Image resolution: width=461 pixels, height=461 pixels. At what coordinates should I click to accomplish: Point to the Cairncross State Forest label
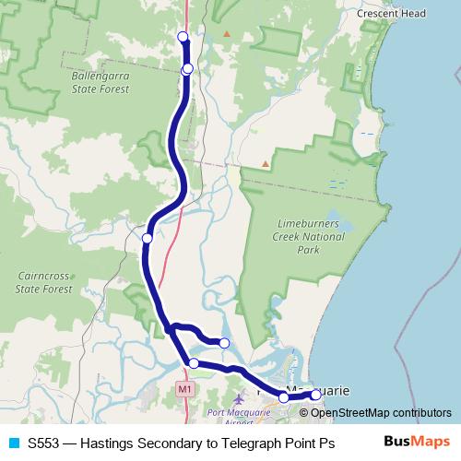[43, 282]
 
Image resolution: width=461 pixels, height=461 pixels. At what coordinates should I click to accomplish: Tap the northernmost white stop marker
[183, 37]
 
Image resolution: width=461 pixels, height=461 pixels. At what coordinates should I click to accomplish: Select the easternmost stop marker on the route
[315, 395]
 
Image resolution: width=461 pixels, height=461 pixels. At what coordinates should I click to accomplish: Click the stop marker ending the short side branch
[224, 343]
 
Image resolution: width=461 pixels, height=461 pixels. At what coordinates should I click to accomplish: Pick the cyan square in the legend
[13, 442]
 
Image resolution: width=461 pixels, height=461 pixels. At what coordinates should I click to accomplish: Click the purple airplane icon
[240, 398]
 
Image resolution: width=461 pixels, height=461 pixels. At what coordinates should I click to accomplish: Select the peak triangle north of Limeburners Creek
[266, 164]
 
